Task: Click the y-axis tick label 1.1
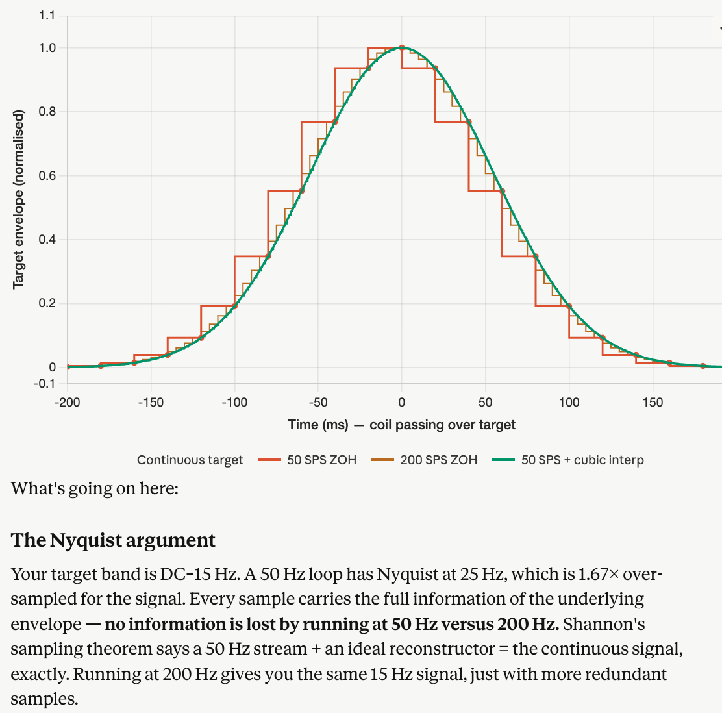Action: [x=47, y=16]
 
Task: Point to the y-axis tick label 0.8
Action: [x=47, y=112]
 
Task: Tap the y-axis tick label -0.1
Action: [x=45, y=383]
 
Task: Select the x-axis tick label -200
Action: [x=67, y=402]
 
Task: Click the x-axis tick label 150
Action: [x=653, y=402]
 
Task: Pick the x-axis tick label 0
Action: [x=402, y=402]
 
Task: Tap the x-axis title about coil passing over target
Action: [x=402, y=425]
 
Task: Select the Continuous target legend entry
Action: [x=190, y=460]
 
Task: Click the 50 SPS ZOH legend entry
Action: [x=321, y=460]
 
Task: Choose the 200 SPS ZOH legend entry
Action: [x=438, y=460]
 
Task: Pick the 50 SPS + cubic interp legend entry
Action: [x=582, y=460]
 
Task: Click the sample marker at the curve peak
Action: [x=402, y=47]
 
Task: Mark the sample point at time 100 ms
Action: [x=569, y=306]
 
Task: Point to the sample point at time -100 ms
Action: [x=234, y=306]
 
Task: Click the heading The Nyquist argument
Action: [x=113, y=540]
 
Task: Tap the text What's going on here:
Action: [x=95, y=488]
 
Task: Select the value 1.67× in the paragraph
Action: [x=591, y=574]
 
